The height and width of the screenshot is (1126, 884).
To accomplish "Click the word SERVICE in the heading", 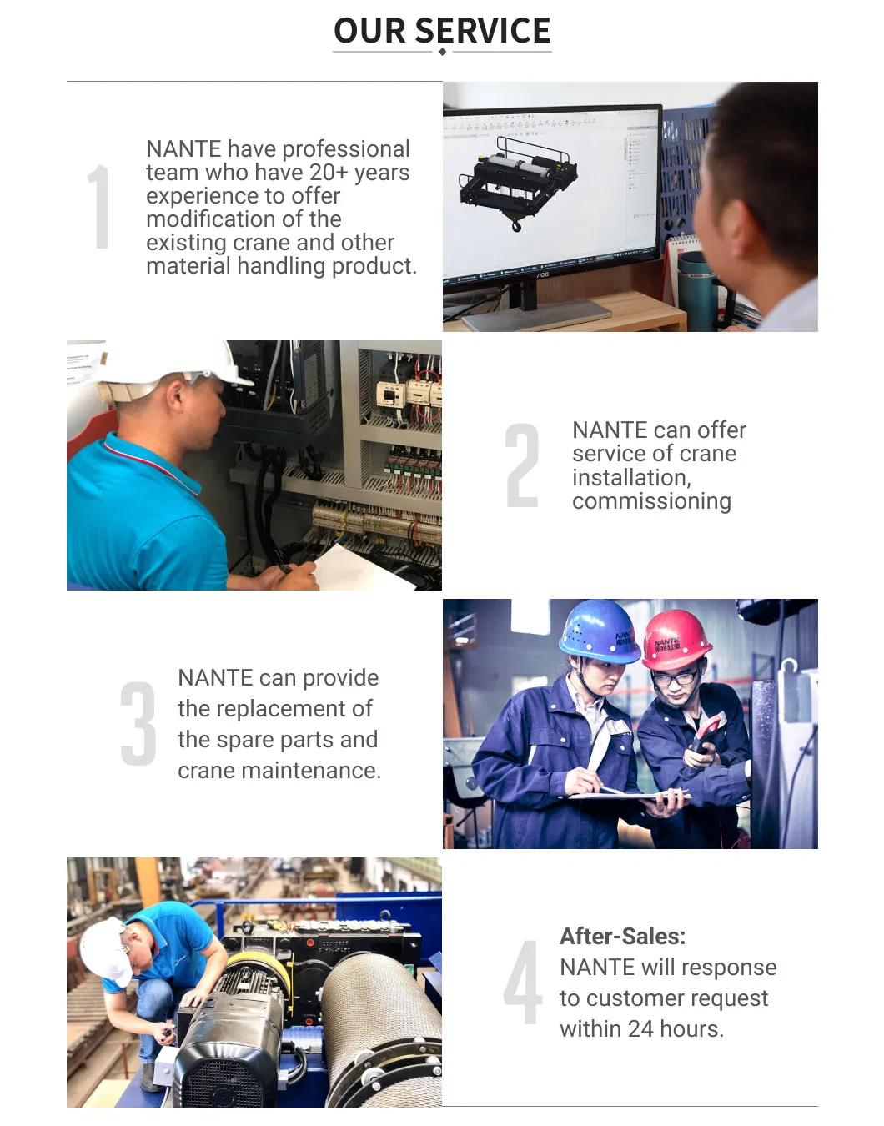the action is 482,31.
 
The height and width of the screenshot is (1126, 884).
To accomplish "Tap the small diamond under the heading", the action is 442,52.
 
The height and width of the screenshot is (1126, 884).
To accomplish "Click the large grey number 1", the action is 99,207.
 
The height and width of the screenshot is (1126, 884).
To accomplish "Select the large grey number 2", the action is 521,465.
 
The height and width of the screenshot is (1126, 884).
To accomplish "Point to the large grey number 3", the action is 138,723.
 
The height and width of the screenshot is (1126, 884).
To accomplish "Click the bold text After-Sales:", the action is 622,937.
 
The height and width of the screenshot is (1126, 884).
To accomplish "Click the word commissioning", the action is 651,501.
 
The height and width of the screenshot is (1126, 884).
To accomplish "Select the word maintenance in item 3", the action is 311,771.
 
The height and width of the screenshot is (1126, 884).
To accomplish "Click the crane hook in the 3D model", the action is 515,225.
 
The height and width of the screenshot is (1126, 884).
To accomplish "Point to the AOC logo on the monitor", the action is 542,274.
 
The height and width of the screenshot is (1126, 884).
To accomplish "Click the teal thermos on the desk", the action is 697,291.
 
